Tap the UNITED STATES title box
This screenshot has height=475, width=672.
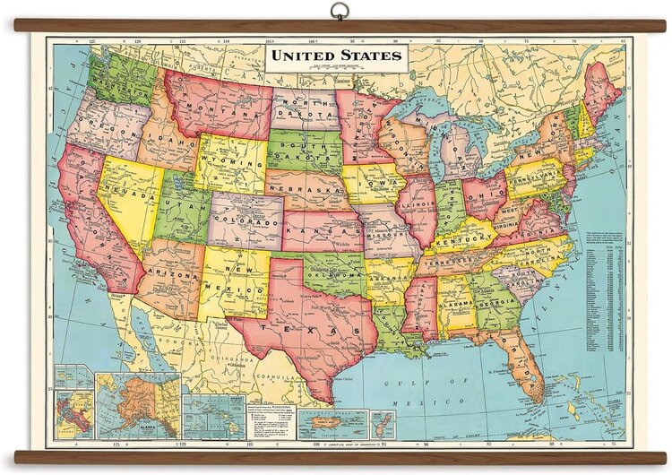click(337, 56)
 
